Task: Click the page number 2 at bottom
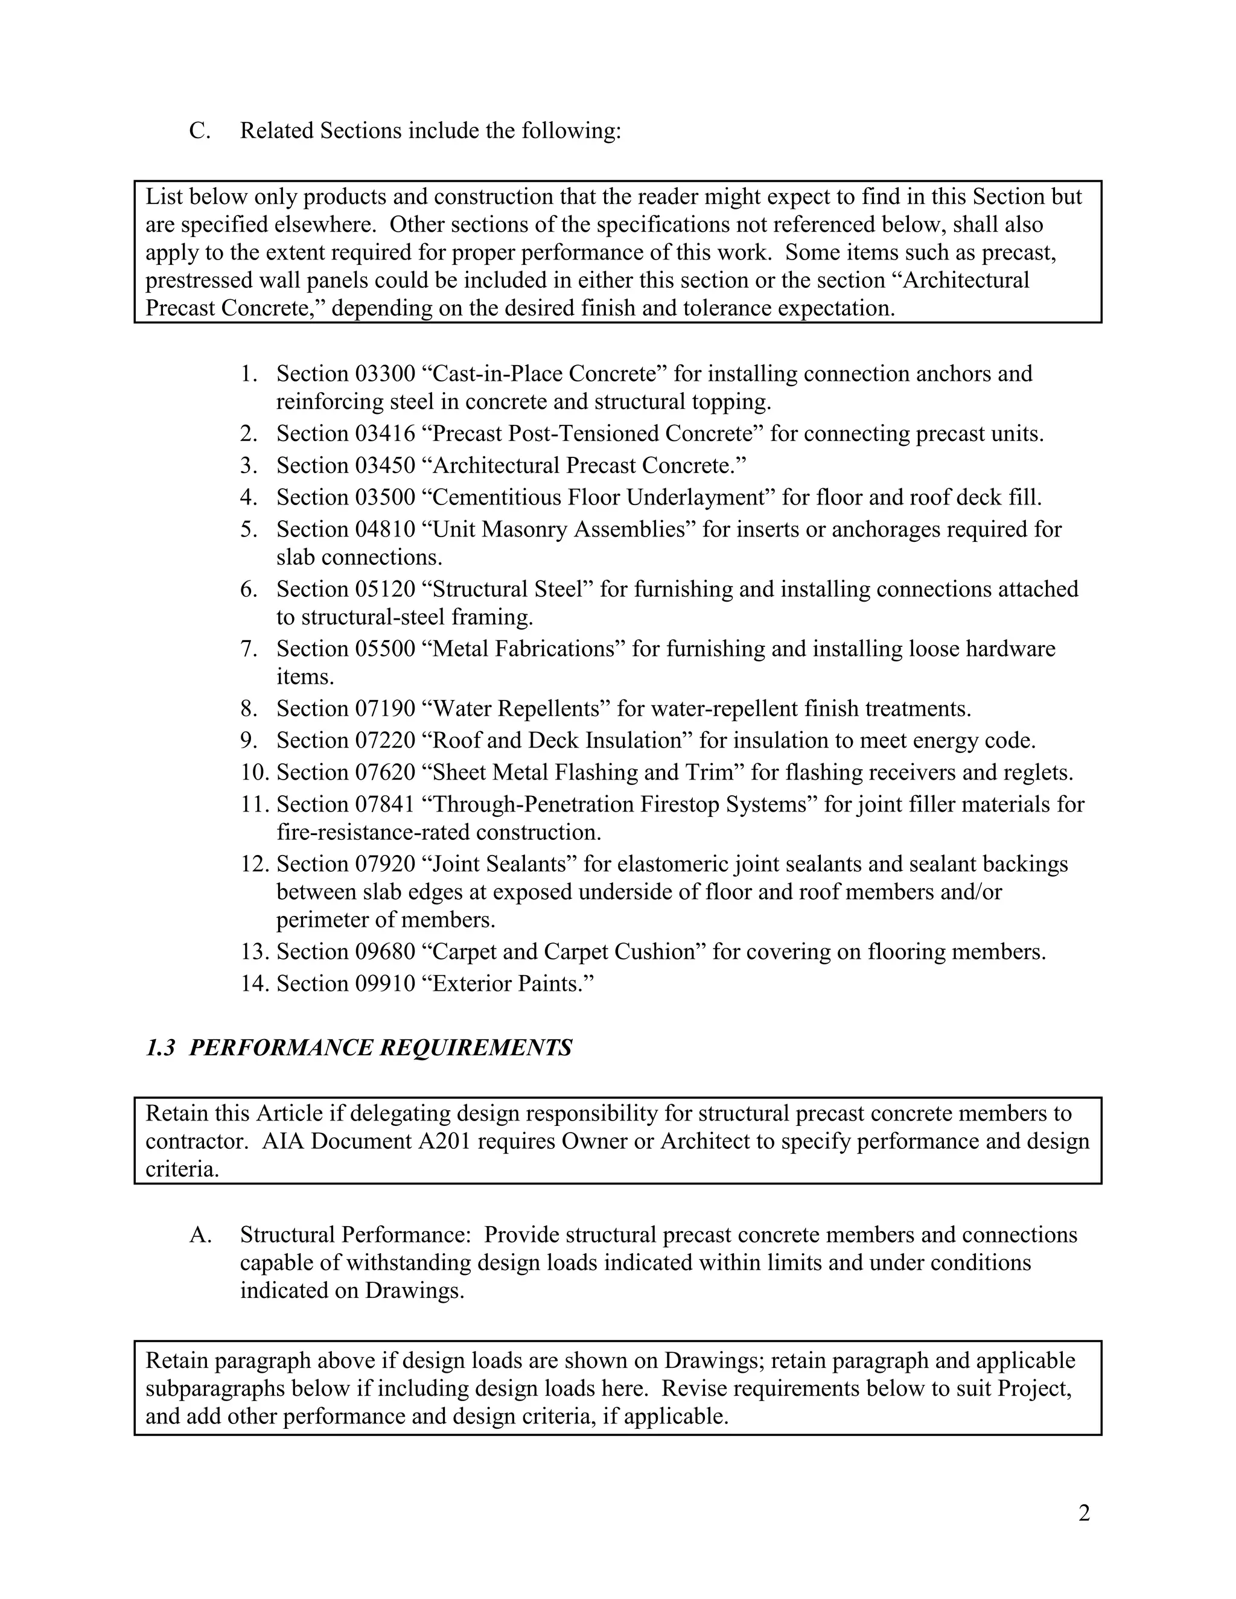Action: pyautogui.click(x=1084, y=1513)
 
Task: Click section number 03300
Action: pyautogui.click(x=385, y=374)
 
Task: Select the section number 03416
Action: pyautogui.click(x=385, y=434)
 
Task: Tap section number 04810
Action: pyautogui.click(x=385, y=529)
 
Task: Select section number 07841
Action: pyautogui.click(x=385, y=804)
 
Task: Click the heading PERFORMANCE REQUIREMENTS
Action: pyautogui.click(x=380, y=1047)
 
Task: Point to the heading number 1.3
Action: pyautogui.click(x=161, y=1047)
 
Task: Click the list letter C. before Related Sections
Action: pyautogui.click(x=199, y=131)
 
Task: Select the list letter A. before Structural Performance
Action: pyautogui.click(x=200, y=1235)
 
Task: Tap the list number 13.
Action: pyautogui.click(x=254, y=952)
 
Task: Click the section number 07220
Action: pyautogui.click(x=385, y=741)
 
